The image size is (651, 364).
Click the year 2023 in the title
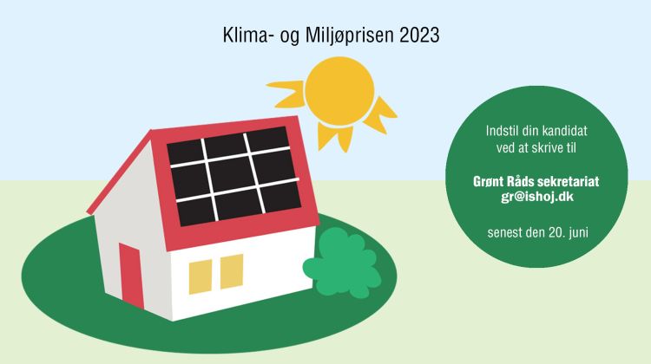tap(419, 36)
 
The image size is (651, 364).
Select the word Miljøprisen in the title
tap(350, 36)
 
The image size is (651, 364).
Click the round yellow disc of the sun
tap(339, 91)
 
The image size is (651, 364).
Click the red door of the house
tap(131, 276)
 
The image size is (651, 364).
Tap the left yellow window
tap(201, 277)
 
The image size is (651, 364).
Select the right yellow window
tap(231, 271)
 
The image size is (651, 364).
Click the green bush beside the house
tap(342, 263)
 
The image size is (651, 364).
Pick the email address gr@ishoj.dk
tap(536, 197)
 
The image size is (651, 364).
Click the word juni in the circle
tap(578, 232)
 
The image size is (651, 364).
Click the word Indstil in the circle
tap(499, 131)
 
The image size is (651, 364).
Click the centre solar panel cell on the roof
tap(232, 173)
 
